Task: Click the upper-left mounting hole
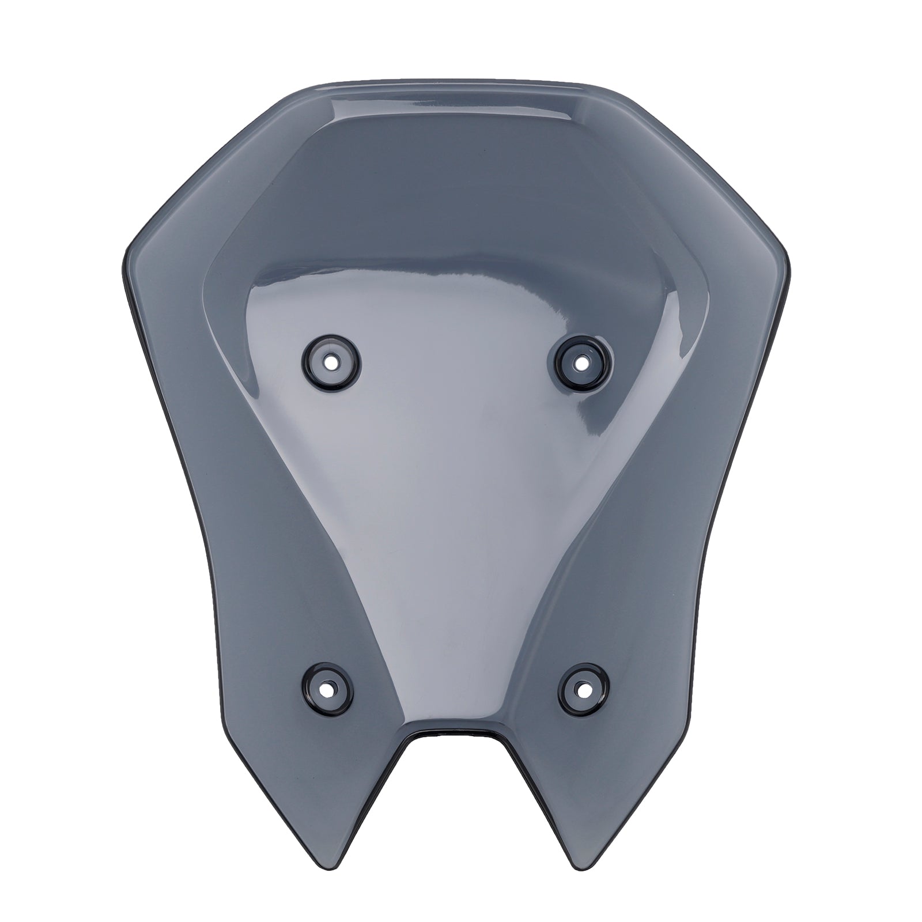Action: coord(332,362)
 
